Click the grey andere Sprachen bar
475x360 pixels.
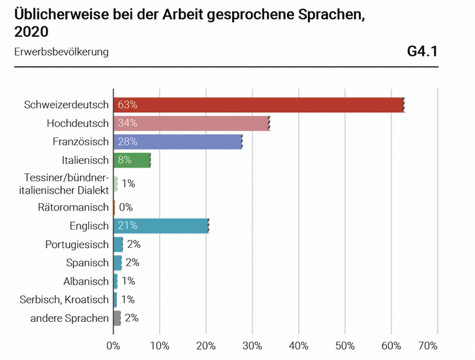pyautogui.click(x=117, y=318)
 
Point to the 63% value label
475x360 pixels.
pyautogui.click(x=128, y=105)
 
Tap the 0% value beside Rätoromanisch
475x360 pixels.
pyautogui.click(x=126, y=207)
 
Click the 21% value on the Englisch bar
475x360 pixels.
pyautogui.click(x=128, y=226)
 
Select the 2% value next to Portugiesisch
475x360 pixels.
pyautogui.click(x=133, y=244)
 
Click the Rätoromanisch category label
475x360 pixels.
pyautogui.click(x=73, y=207)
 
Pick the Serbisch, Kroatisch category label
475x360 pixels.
pyautogui.click(x=65, y=300)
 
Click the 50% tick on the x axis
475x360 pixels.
pyautogui.click(x=345, y=344)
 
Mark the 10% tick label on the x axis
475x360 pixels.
pyautogui.click(x=159, y=344)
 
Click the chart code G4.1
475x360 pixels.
pyautogui.click(x=422, y=52)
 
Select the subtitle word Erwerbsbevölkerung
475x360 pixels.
pyautogui.click(x=61, y=52)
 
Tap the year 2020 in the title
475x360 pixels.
pyautogui.click(x=32, y=32)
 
